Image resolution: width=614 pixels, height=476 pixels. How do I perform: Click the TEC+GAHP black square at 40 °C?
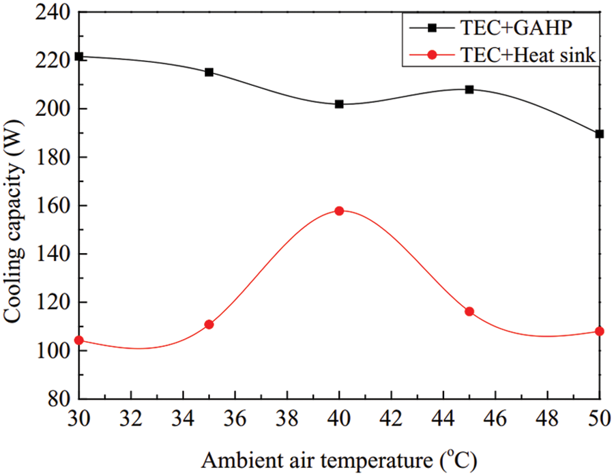point(339,104)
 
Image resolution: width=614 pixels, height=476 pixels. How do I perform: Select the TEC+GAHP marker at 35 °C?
point(209,72)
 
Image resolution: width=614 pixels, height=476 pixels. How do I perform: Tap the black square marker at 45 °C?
point(469,89)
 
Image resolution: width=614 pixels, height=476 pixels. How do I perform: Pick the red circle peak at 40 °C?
point(339,211)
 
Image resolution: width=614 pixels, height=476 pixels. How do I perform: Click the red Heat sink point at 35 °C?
point(209,325)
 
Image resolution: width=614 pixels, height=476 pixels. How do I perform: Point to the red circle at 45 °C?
point(469,312)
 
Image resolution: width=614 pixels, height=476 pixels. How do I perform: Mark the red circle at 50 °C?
point(600,331)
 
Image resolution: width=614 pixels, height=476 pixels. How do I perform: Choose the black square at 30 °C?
point(79,57)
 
